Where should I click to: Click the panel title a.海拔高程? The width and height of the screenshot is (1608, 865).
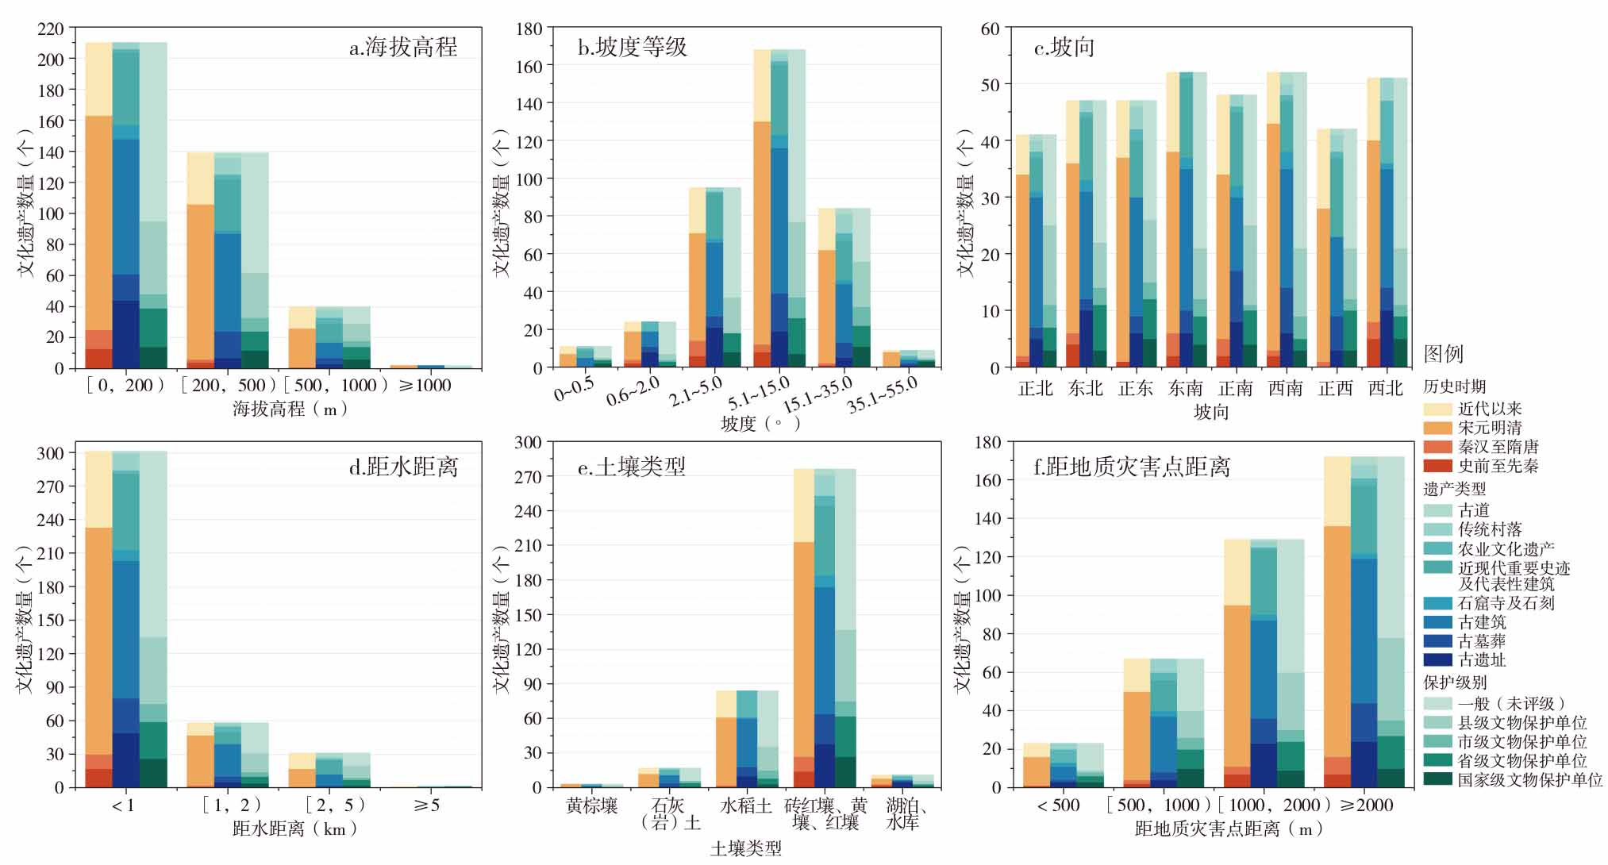coord(403,48)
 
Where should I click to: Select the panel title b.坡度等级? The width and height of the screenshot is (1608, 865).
coord(632,48)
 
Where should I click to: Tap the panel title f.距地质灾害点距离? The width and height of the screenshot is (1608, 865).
coord(1132,467)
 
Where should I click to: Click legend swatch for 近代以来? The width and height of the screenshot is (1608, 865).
coord(1437,409)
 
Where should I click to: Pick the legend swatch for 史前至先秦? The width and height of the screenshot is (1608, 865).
coord(1437,467)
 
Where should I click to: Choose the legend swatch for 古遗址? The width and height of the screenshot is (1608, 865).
coord(1437,659)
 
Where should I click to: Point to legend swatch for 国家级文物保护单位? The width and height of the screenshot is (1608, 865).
coord(1437,780)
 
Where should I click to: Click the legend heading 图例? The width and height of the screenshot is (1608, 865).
coord(1443,354)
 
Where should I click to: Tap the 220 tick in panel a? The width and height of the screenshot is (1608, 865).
coord(50,29)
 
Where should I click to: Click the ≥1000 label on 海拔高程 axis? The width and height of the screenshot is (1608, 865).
coord(425,386)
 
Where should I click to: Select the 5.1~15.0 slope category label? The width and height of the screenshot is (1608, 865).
coord(759,392)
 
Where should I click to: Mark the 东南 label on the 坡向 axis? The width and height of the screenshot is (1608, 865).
coord(1186,389)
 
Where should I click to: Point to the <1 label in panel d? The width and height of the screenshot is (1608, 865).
coord(123,805)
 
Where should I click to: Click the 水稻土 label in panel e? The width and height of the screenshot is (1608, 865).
coord(745,805)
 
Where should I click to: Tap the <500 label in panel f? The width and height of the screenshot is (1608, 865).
coord(1059,805)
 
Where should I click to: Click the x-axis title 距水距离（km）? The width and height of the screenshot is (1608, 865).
coord(295,829)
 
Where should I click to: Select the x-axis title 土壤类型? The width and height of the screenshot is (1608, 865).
coord(745,849)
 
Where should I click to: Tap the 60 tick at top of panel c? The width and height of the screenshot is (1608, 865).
coord(990,29)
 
